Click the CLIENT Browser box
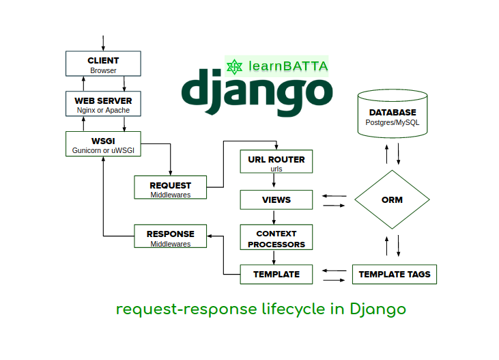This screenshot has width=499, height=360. [x=103, y=64]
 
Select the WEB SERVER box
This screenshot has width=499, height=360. [x=103, y=105]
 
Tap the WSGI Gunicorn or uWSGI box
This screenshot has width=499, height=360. [x=103, y=144]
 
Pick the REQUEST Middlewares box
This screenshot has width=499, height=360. [x=170, y=188]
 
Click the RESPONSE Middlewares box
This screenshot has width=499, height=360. [x=170, y=237]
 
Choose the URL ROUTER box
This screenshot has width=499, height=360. [x=276, y=163]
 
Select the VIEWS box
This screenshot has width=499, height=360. [x=276, y=200]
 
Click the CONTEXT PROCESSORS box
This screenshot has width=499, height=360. [x=276, y=238]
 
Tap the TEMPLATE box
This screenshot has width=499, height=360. [x=276, y=275]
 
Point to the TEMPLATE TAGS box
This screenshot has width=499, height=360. [x=395, y=275]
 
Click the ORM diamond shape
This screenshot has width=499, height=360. [x=392, y=200]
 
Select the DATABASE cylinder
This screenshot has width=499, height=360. [x=392, y=116]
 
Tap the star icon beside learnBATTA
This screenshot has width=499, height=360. [x=236, y=66]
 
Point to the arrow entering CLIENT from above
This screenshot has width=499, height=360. [x=103, y=43]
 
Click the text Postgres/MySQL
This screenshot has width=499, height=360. [x=392, y=123]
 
